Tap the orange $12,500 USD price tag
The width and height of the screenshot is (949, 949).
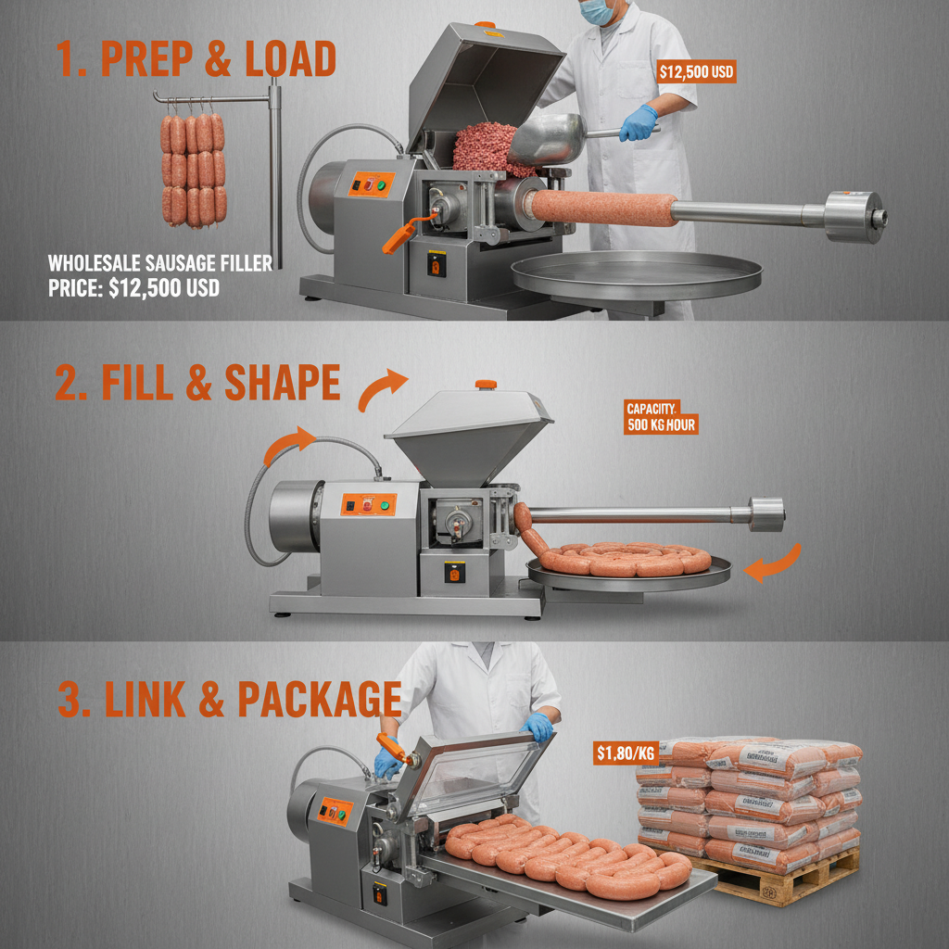click(x=696, y=72)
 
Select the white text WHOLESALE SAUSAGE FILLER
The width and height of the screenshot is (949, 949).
click(x=160, y=263)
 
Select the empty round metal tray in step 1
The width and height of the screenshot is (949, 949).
click(x=637, y=273)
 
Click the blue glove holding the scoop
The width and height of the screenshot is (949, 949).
click(x=639, y=124)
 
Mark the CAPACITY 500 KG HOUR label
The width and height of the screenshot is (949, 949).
click(x=660, y=417)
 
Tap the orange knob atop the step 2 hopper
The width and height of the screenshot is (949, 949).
click(x=486, y=384)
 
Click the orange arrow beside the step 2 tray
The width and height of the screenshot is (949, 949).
click(x=774, y=563)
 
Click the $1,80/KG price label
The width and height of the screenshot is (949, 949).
click(x=626, y=754)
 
